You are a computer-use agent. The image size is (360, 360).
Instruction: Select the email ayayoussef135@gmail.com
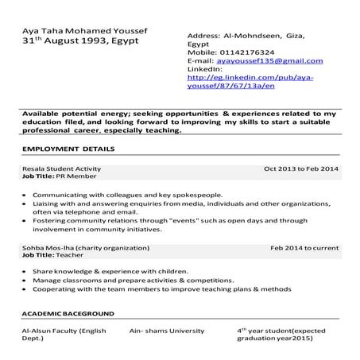[x=269, y=61]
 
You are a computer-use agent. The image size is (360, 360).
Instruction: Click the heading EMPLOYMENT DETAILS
[x=68, y=149]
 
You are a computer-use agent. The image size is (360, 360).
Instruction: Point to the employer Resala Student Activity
[x=61, y=169]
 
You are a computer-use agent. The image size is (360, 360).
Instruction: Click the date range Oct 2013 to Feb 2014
[x=301, y=169]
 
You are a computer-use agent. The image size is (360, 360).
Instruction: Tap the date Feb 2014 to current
[x=304, y=249]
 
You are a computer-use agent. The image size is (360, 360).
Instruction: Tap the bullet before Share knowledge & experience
[x=26, y=272]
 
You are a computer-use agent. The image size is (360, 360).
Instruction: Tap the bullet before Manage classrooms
[x=26, y=281]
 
